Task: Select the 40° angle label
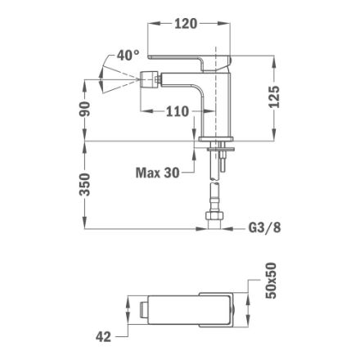click(128, 56)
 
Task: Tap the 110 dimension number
click(177, 111)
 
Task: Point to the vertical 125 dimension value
click(275, 97)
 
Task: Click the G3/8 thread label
click(264, 229)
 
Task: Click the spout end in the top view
click(143, 310)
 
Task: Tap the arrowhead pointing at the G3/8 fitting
click(229, 229)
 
